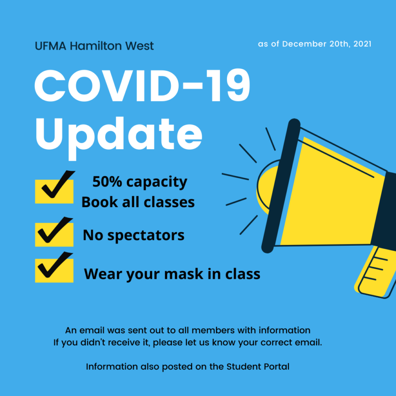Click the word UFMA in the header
pyautogui.click(x=51, y=46)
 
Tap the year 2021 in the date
pyautogui.click(x=362, y=44)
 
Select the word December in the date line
pyautogui.click(x=304, y=44)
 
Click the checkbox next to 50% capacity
pyautogui.click(x=54, y=192)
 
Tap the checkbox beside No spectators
pyautogui.click(x=54, y=235)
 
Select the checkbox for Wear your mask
pyautogui.click(x=54, y=271)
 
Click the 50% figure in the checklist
pyautogui.click(x=107, y=181)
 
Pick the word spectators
pyautogui.click(x=146, y=236)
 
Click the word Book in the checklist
pyautogui.click(x=100, y=202)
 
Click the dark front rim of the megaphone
pyautogui.click(x=281, y=186)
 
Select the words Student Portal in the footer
pyautogui.click(x=258, y=367)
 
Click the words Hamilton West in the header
pyautogui.click(x=112, y=46)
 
